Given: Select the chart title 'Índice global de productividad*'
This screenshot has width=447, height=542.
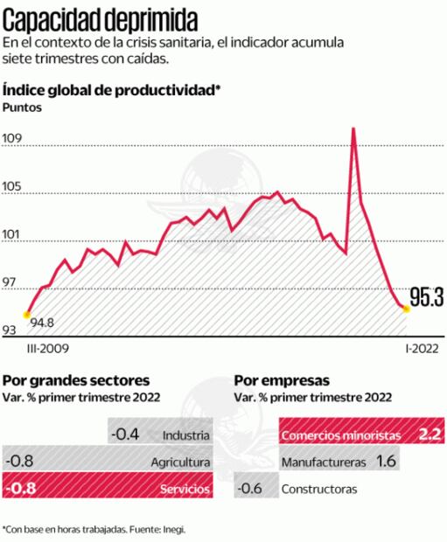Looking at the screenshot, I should pos(111,90).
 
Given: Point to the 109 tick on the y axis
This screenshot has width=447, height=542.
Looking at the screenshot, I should pos(15,138).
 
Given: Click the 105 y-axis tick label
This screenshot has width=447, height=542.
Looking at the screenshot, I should pos(15,186).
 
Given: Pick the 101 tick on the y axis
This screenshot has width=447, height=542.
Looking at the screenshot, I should pos(14,234).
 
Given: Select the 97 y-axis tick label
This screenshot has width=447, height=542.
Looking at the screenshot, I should pos(13,282).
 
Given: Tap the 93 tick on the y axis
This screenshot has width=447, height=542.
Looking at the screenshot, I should pos(13,330).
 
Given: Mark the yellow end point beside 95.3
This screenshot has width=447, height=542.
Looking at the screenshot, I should pos(405,307).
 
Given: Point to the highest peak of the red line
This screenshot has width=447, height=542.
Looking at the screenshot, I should pos(353,129).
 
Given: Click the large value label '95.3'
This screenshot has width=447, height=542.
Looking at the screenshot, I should pos(427,298).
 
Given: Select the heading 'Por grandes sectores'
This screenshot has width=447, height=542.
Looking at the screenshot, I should pos(77,380).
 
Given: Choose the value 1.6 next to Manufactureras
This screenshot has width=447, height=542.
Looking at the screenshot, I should pos(386,460).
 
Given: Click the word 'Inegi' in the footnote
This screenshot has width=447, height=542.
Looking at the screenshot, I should pos(173,529).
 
